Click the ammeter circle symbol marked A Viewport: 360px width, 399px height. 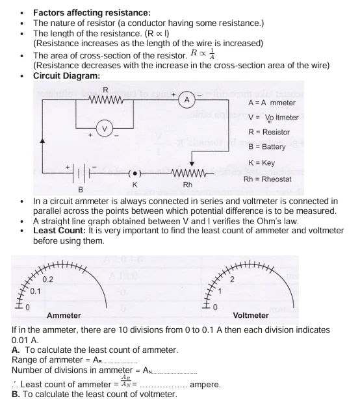(x=186, y=100)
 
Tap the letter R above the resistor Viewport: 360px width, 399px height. (x=105, y=89)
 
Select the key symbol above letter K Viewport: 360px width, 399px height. (x=135, y=174)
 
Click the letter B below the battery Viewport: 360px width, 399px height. (x=81, y=190)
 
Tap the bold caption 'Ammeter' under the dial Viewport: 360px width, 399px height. (x=64, y=315)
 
